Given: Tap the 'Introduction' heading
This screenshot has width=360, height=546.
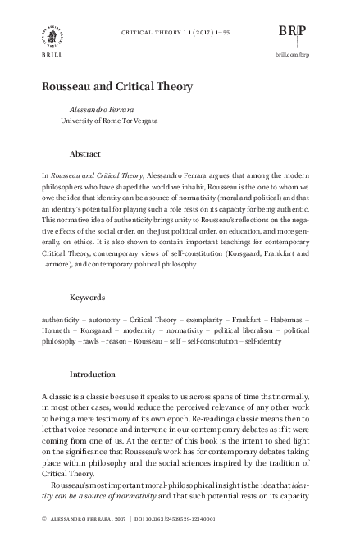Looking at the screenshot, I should click(93, 374).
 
